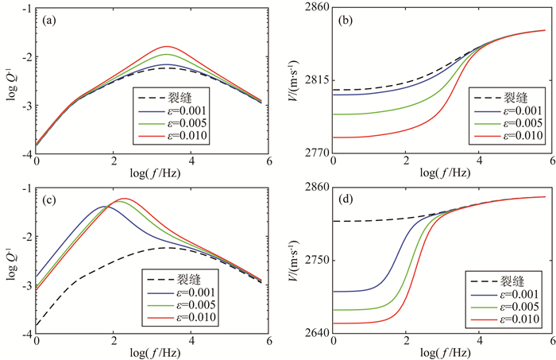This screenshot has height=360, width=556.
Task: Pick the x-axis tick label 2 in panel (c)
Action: point(114,342)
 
